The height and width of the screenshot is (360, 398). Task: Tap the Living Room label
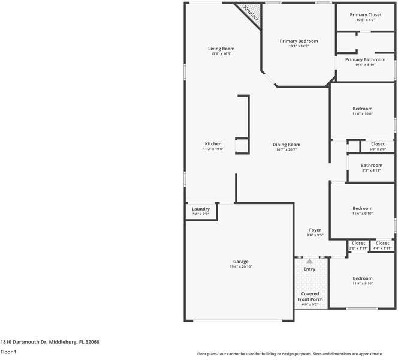(221, 49)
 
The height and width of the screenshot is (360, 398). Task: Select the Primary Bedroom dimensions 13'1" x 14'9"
(298, 46)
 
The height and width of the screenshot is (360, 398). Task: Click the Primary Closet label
(366, 14)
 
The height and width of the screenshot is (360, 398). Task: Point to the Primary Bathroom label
(366, 59)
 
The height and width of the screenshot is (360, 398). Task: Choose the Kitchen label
(213, 144)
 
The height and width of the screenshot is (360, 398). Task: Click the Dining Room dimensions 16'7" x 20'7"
(286, 149)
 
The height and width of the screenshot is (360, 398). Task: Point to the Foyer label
(315, 230)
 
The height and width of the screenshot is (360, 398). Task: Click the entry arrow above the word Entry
(309, 262)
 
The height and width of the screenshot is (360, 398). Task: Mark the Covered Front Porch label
(310, 296)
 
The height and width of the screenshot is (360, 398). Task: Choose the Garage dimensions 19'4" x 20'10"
(240, 267)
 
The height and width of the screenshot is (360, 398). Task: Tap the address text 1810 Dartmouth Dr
(24, 341)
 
